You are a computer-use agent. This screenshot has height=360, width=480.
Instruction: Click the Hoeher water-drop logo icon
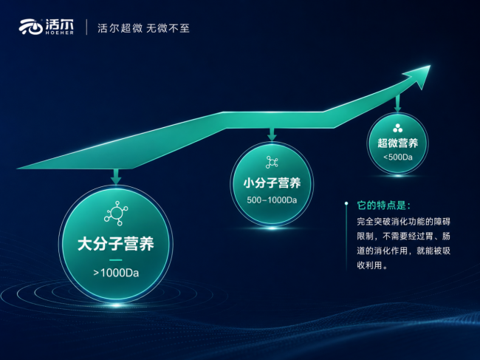(x=30, y=27)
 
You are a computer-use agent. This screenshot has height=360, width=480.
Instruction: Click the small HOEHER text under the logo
(x=59, y=33)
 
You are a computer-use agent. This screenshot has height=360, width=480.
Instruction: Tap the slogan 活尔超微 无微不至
(x=143, y=28)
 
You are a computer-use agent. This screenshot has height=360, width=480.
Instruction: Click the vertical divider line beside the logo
(x=86, y=27)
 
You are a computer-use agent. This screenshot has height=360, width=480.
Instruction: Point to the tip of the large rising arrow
(x=430, y=66)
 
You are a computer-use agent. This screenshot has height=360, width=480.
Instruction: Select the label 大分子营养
(x=116, y=244)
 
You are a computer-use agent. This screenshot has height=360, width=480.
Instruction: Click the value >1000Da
(x=116, y=273)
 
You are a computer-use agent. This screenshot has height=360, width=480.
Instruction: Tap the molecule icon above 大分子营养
(x=116, y=213)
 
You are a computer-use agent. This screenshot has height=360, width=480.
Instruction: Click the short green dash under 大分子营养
(x=116, y=260)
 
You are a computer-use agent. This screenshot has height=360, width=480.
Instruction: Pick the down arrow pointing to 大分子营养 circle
(x=116, y=177)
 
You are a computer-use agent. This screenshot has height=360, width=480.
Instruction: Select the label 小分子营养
(x=272, y=183)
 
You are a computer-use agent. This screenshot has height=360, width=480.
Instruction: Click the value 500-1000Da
(x=272, y=200)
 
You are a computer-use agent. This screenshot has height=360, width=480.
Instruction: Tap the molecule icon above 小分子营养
(x=272, y=163)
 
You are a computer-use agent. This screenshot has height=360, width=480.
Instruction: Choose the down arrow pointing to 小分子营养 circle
(x=272, y=135)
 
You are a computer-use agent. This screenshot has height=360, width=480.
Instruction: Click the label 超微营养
(x=397, y=143)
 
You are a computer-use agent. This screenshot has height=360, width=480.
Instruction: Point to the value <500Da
(x=397, y=157)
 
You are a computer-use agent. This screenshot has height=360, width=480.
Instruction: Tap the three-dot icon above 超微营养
(x=397, y=128)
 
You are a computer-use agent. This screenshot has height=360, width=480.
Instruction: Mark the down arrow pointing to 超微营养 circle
(x=397, y=103)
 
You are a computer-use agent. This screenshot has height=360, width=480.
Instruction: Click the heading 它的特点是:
(x=383, y=206)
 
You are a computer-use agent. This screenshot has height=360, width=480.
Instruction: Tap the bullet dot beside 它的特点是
(x=346, y=203)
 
